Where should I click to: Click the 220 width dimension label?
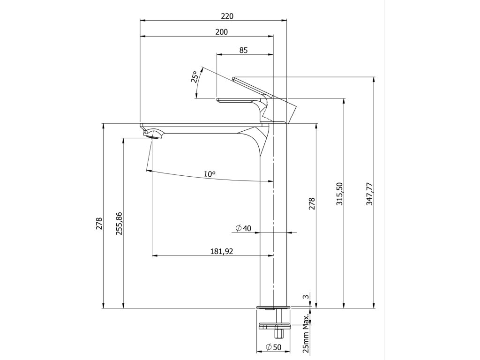pos(227,16)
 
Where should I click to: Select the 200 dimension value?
pos(222,32)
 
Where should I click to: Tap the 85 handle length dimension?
pos(243,50)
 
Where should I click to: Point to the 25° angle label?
pos(195,77)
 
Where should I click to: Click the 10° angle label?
pos(210,174)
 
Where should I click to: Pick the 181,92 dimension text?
pos(222,251)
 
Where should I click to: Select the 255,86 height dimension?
pos(119,224)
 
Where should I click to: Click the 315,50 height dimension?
pos(340,194)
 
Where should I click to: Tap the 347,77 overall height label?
pos(370,194)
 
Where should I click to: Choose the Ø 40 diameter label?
pos(243,228)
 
